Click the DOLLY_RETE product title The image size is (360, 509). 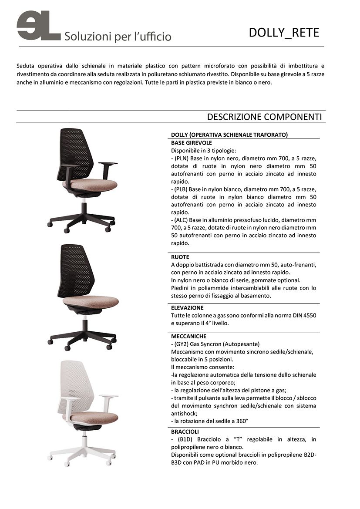tap(284, 33)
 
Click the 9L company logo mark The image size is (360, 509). tap(38, 26)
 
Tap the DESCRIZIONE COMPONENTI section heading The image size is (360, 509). tap(264, 117)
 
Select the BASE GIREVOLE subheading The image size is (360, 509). tap(192, 142)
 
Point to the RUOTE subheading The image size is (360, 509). tap(180, 257)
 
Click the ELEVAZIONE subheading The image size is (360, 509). tap(187, 307)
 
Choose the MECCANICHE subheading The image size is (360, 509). tap(188, 336)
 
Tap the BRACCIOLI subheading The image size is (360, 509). tap(185, 431)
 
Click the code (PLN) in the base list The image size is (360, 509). tap(182, 158)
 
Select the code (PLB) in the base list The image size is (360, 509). tap(182, 189)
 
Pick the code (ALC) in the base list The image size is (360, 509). tap(182, 220)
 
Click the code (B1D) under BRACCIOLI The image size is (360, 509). tap(183, 439)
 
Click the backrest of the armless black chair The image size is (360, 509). tap(77, 270)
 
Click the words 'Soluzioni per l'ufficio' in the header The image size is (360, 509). tap(118, 37)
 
